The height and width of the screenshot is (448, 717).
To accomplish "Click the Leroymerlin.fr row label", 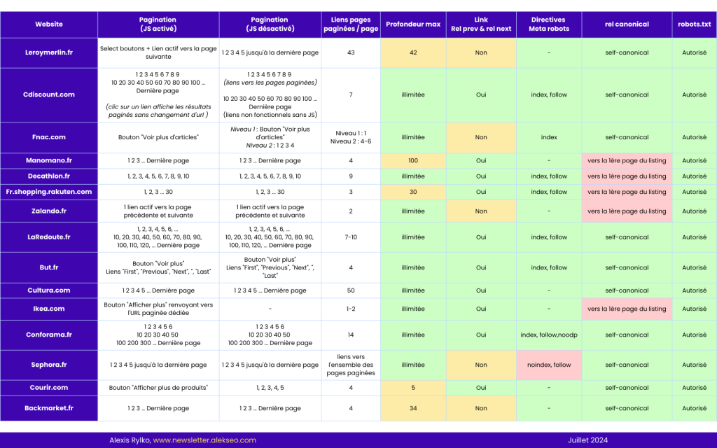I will pyautogui.click(x=49, y=52).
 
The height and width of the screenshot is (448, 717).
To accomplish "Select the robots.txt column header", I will pyautogui.click(x=694, y=24).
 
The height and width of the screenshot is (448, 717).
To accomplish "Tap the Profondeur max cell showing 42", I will pyautogui.click(x=413, y=52).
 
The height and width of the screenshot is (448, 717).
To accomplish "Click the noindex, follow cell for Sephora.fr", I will pyautogui.click(x=549, y=365).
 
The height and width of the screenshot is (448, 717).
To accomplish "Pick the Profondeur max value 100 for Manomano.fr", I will pyautogui.click(x=413, y=160).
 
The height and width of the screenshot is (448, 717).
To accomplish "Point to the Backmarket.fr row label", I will pyautogui.click(x=49, y=408).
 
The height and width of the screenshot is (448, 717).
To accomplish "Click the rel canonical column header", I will pyautogui.click(x=627, y=24).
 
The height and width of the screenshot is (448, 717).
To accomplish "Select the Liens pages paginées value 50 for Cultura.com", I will pyautogui.click(x=351, y=290).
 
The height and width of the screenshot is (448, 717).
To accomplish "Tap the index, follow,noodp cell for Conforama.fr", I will pyautogui.click(x=549, y=335).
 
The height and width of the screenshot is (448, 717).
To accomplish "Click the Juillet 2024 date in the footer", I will pyautogui.click(x=587, y=440).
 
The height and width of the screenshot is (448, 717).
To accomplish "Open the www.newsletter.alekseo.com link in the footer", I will pyautogui.click(x=204, y=440).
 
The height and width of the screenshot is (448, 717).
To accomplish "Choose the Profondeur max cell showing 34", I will pyautogui.click(x=413, y=408).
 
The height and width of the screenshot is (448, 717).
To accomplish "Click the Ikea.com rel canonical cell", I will pyautogui.click(x=627, y=309).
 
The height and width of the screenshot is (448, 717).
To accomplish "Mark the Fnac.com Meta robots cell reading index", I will pyautogui.click(x=549, y=137).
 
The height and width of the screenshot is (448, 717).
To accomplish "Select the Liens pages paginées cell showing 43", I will pyautogui.click(x=351, y=52).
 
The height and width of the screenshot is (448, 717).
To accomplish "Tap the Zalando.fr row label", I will pyautogui.click(x=49, y=211).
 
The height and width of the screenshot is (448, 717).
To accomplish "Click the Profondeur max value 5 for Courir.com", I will pyautogui.click(x=413, y=387).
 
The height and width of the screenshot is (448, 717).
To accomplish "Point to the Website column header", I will pyautogui.click(x=49, y=24).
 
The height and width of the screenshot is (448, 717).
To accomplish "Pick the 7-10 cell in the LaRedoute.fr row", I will pyautogui.click(x=351, y=237).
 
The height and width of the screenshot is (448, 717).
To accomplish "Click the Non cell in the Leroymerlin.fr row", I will pyautogui.click(x=481, y=52).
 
